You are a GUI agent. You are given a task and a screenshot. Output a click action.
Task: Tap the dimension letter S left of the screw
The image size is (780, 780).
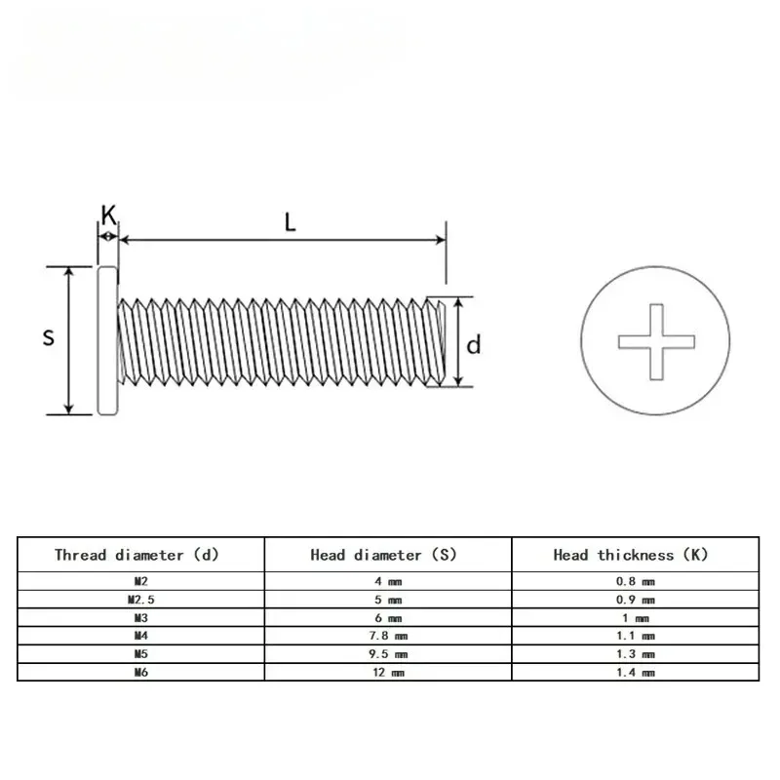point(49,337)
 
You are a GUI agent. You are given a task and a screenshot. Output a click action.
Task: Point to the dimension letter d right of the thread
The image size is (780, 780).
point(473,344)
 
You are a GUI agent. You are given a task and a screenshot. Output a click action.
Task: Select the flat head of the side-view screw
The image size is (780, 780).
point(107,339)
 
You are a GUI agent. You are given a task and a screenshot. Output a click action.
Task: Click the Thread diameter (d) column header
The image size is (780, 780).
point(136,555)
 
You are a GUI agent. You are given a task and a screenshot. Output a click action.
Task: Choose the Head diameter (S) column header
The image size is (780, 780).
point(383,555)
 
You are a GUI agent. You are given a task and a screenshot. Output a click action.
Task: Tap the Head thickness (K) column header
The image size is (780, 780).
point(631,555)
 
